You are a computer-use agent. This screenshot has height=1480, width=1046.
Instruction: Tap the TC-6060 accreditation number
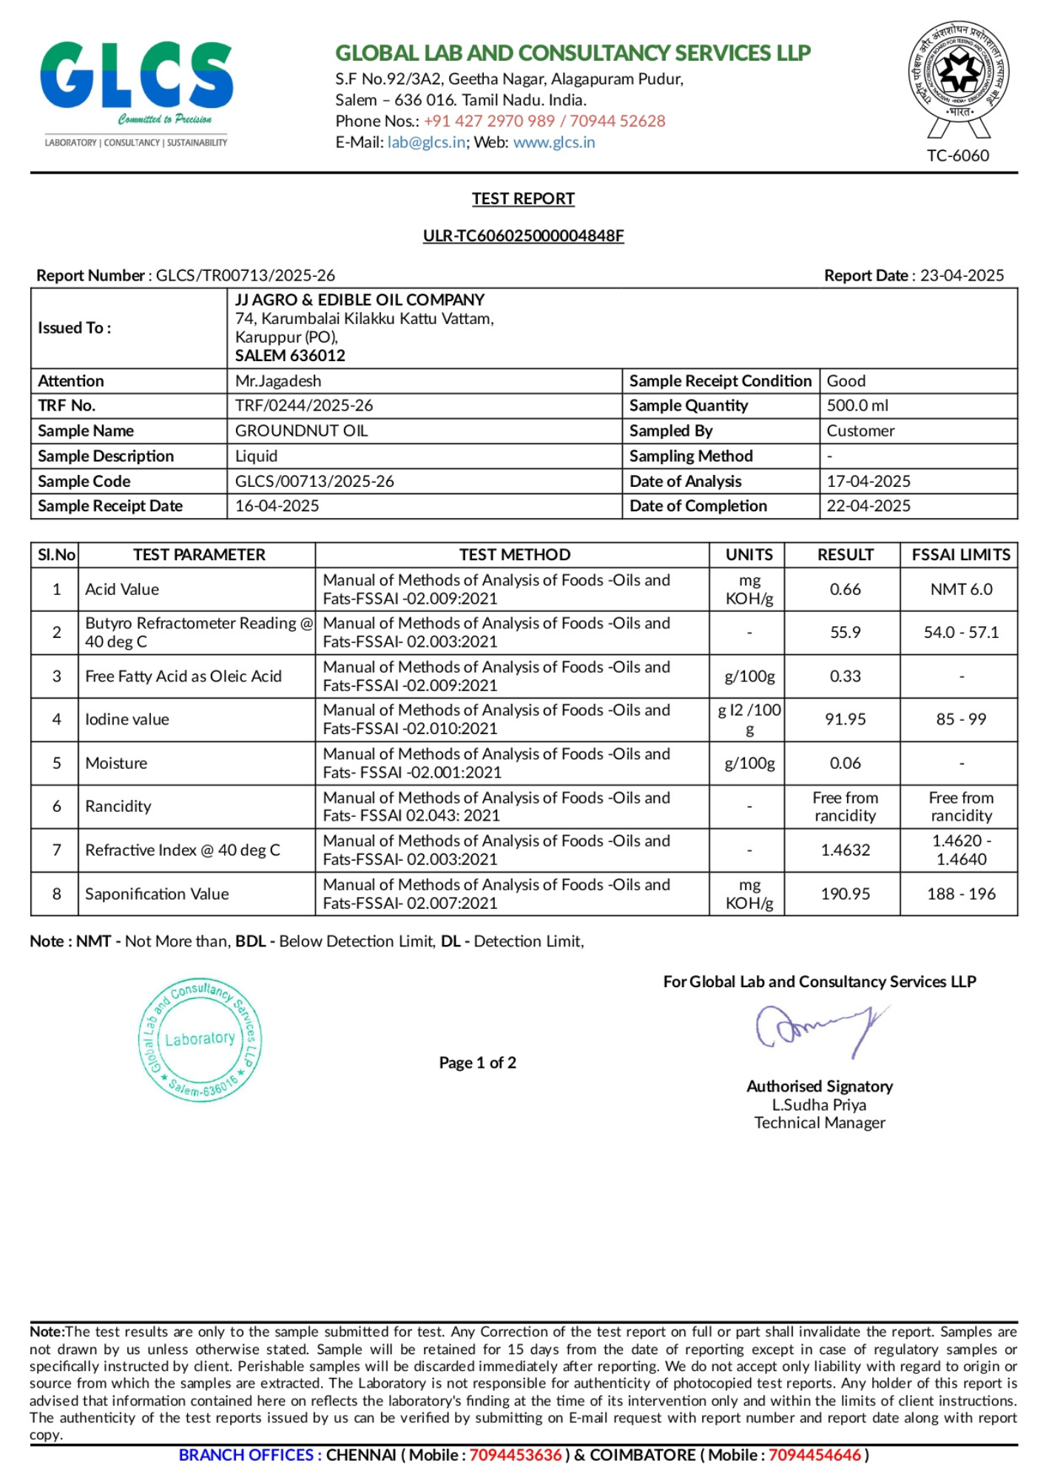[957, 155]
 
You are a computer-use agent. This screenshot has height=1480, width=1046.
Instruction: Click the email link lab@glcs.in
[426, 142]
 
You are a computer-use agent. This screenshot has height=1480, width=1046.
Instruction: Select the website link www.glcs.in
[553, 142]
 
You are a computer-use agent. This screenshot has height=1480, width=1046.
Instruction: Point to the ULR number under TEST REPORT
[523, 235]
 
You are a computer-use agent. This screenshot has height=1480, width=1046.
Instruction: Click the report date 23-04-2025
[961, 275]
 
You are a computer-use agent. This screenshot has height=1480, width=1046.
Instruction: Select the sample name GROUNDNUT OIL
[301, 431]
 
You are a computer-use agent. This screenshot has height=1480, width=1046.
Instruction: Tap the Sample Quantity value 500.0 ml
[857, 406]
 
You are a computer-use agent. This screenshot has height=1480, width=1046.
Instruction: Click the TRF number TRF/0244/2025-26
[304, 406]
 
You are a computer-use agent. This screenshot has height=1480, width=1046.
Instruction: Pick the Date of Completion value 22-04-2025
[868, 506]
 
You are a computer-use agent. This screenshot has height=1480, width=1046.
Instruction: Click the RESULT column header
[845, 555]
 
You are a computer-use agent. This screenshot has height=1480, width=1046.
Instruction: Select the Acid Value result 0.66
[845, 590]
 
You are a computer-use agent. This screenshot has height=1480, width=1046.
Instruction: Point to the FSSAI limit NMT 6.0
[961, 590]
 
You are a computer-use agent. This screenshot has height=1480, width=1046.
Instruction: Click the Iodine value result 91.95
[845, 719]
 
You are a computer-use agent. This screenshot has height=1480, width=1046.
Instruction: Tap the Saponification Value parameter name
[157, 894]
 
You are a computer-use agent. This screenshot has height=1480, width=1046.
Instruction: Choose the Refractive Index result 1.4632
[845, 850]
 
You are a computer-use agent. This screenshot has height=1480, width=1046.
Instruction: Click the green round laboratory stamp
[200, 1039]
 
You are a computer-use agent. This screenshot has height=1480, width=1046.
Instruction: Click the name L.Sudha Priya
[819, 1105]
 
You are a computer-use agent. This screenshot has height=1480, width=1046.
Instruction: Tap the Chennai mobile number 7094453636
[515, 1455]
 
